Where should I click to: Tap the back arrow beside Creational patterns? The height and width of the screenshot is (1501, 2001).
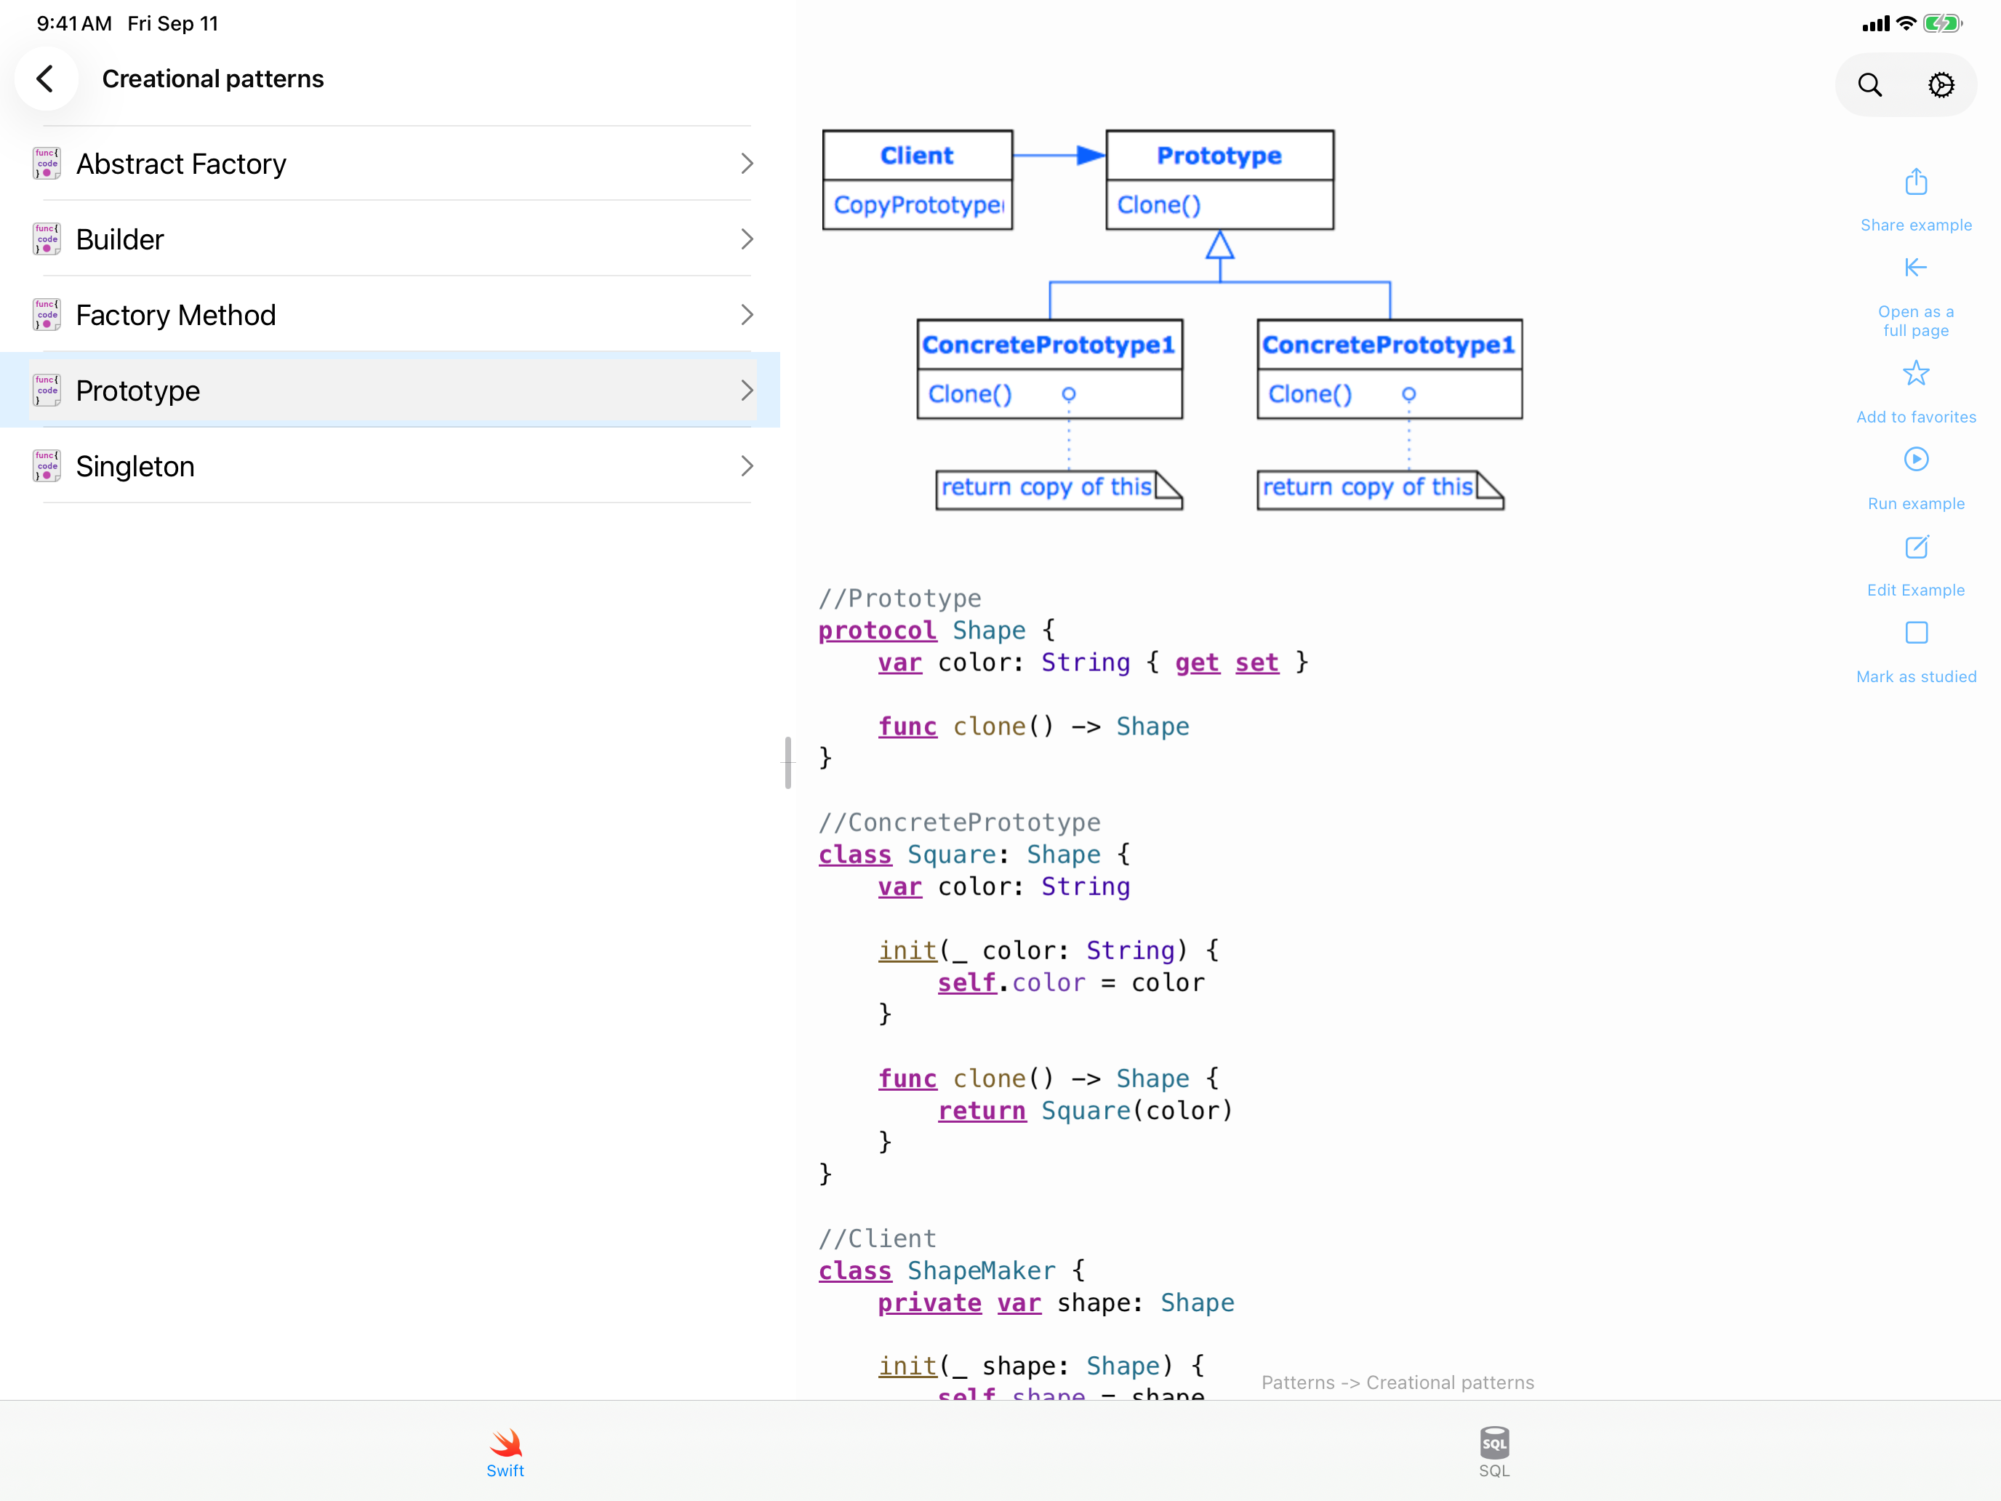click(45, 79)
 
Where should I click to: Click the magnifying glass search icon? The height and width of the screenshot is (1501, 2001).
click(1870, 85)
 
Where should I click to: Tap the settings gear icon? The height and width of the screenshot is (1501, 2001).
click(1941, 85)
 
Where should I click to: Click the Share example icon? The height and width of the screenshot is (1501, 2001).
click(1916, 182)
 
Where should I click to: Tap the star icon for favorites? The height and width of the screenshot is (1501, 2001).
click(1916, 373)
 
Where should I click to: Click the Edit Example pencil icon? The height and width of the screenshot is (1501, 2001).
click(1916, 546)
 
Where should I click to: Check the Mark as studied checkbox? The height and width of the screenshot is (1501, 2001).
click(1916, 633)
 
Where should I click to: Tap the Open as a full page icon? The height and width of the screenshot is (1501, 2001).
click(1916, 268)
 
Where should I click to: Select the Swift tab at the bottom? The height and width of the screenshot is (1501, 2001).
click(505, 1452)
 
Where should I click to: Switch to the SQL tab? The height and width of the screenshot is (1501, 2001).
click(1494, 1452)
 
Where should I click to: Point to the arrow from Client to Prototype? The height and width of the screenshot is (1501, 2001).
click(1059, 156)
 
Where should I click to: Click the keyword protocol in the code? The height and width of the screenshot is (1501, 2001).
click(877, 631)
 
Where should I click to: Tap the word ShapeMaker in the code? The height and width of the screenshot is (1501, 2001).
click(982, 1270)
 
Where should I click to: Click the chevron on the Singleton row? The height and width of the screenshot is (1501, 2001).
click(746, 466)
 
